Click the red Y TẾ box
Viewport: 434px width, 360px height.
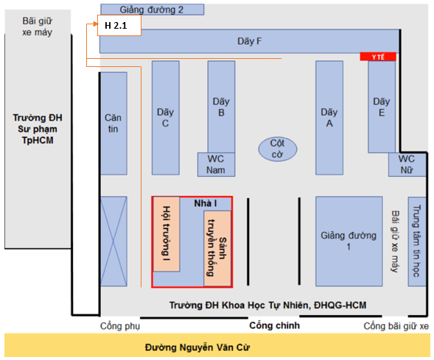tap(378, 57)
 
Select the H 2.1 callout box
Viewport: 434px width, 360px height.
tap(119, 26)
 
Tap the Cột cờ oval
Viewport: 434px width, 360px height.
tap(278, 149)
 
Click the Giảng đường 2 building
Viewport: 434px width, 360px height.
tap(153, 10)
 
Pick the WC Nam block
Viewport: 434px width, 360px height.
tap(216, 164)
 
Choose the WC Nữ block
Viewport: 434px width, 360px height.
tap(407, 164)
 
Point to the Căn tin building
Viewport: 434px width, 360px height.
tap(113, 124)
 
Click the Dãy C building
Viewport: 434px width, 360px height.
tap(166, 118)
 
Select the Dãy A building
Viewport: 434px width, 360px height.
tap(329, 118)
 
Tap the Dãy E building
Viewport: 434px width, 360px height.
tap(382, 107)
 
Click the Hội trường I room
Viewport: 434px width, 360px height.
tap(167, 234)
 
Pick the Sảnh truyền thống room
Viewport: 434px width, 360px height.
tap(217, 248)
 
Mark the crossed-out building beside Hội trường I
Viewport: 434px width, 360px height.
tap(113, 241)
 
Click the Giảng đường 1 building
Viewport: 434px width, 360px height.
tap(349, 241)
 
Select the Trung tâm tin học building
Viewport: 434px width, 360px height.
tap(417, 241)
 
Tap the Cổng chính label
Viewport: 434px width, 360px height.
tap(275, 325)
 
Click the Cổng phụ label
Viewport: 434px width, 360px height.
tap(120, 326)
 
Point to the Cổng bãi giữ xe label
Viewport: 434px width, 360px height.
tap(396, 326)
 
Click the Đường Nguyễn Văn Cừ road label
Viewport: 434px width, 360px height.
tap(197, 347)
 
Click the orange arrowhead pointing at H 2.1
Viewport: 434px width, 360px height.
tap(96, 24)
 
